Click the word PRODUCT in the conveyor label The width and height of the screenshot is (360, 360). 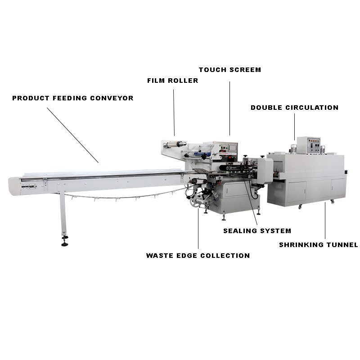tap(31, 98)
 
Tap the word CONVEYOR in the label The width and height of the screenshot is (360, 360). tap(112, 98)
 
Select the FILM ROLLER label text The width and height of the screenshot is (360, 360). tap(173, 81)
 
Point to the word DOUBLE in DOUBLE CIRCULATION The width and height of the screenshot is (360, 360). tap(266, 108)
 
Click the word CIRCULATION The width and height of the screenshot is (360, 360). tap(312, 108)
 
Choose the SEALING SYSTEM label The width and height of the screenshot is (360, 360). tap(257, 231)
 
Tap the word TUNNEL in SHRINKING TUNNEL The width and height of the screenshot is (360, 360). tap(342, 245)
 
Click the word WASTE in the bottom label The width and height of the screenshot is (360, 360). tap(160, 256)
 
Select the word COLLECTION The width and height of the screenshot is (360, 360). tap(225, 256)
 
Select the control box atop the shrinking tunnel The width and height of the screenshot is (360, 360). tap(309, 145)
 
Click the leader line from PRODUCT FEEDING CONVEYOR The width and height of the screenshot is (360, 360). tap(73, 135)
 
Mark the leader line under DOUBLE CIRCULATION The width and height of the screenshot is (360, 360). tap(295, 127)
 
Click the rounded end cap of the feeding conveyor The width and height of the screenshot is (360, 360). tap(14, 186)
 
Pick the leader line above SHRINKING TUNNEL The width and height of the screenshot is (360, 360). tap(325, 220)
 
